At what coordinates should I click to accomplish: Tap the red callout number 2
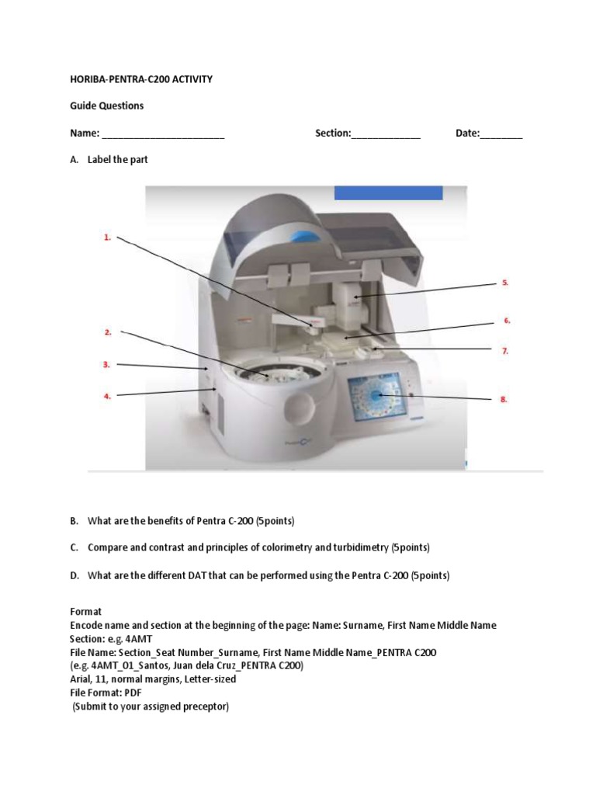108,332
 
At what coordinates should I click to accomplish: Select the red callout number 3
107,363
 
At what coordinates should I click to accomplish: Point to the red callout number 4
108,396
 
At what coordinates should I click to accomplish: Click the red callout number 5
504,283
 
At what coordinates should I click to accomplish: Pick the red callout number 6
507,320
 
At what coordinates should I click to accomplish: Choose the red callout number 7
504,351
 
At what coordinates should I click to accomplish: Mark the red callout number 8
504,399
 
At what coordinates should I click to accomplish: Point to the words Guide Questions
107,106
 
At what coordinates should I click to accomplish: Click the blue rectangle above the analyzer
388,193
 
